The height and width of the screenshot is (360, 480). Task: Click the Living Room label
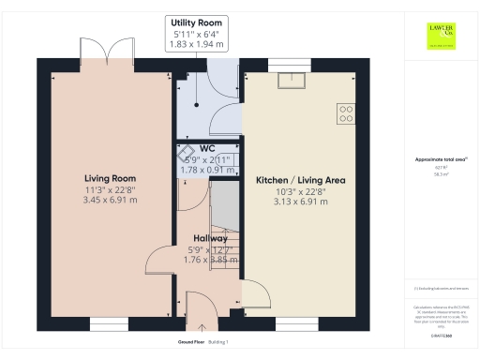(110, 178)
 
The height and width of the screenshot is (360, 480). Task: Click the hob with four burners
(345, 113)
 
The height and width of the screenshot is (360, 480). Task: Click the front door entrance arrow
(199, 327)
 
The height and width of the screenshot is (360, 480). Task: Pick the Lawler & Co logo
(441, 34)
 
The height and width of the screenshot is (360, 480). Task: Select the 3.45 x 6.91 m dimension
(110, 200)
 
